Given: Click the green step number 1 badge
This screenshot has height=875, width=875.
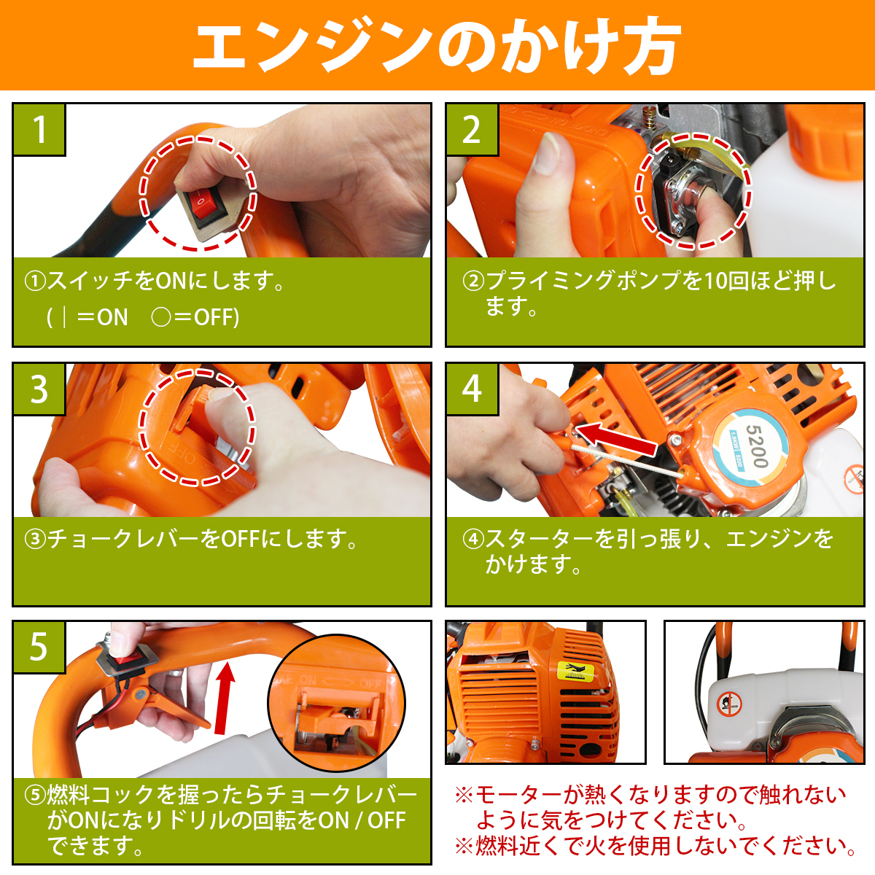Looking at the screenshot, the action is coord(39,130).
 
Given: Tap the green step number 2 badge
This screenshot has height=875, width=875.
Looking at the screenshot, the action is coord(472,130).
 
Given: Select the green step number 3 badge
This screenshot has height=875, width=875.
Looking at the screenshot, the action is coord(39,389).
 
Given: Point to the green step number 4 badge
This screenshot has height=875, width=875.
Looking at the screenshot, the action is coord(472,389).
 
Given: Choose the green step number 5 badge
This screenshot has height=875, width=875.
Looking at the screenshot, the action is coord(39,647).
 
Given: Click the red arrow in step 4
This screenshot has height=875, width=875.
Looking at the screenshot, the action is coord(617,439).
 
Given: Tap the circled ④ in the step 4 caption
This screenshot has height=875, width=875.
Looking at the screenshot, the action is coord(473,540).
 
